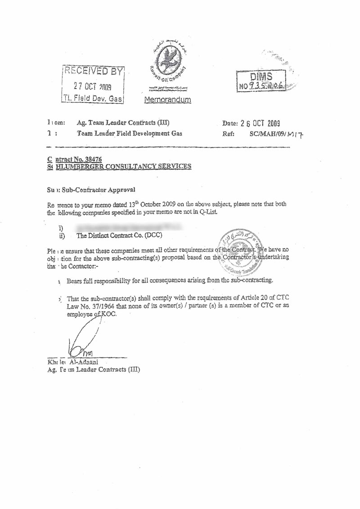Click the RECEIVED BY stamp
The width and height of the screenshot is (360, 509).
click(x=93, y=85)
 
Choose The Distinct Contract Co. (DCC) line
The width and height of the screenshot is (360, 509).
click(x=119, y=235)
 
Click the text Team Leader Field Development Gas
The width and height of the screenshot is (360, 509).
click(x=130, y=133)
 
